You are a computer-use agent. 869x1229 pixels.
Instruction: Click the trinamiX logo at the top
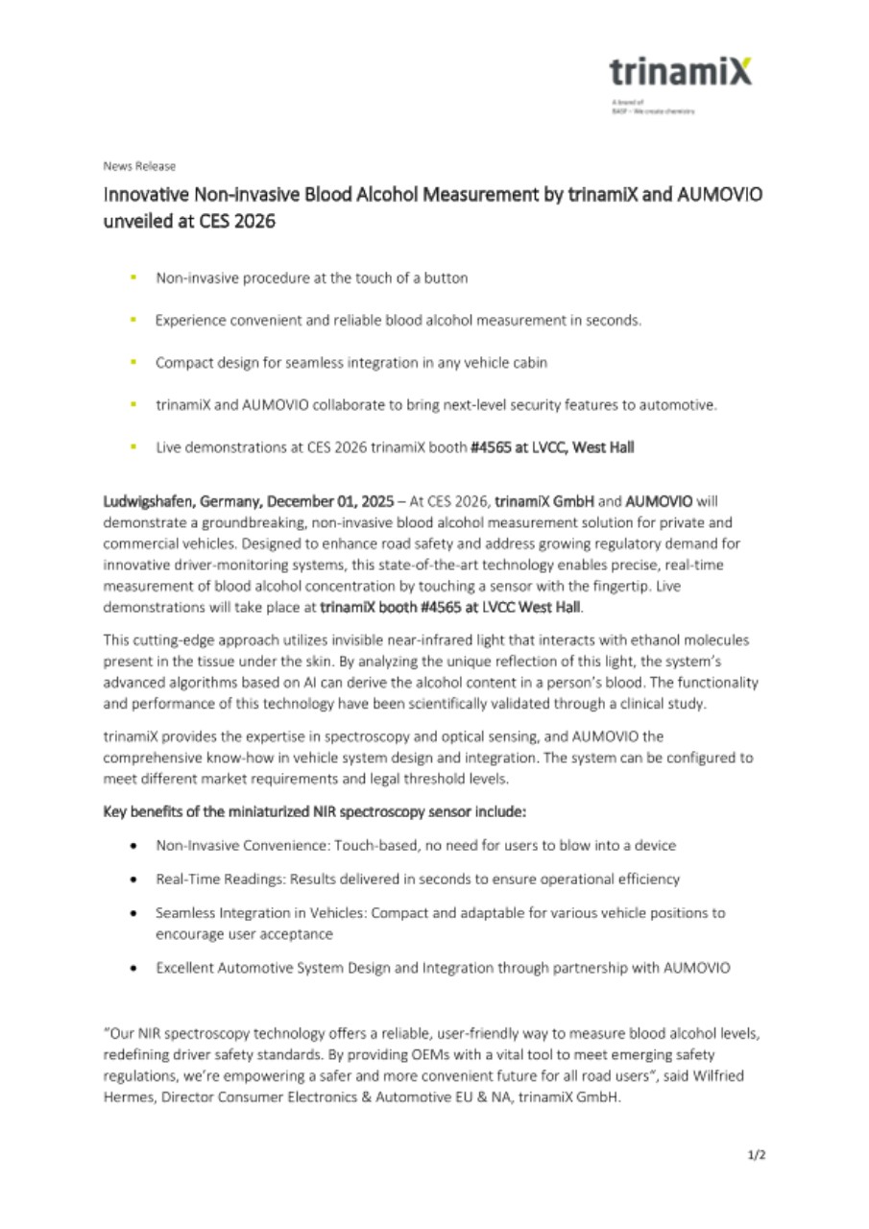pyautogui.click(x=680, y=72)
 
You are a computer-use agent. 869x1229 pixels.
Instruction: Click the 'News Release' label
pyautogui.click(x=139, y=166)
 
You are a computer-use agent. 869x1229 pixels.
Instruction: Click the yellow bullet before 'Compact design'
pyautogui.click(x=133, y=362)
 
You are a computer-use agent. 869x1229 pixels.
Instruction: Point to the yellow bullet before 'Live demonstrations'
pyautogui.click(x=133, y=446)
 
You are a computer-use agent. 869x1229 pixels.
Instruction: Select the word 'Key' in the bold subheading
pyautogui.click(x=114, y=811)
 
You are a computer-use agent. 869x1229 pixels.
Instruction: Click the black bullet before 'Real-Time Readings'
pyautogui.click(x=133, y=879)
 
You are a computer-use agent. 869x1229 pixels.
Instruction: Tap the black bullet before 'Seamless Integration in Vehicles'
pyautogui.click(x=133, y=913)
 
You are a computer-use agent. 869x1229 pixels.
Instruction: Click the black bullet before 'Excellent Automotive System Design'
pyautogui.click(x=133, y=968)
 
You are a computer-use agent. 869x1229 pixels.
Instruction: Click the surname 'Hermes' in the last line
pyautogui.click(x=127, y=1097)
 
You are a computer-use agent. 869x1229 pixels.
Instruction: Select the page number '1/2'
pyautogui.click(x=757, y=1155)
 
